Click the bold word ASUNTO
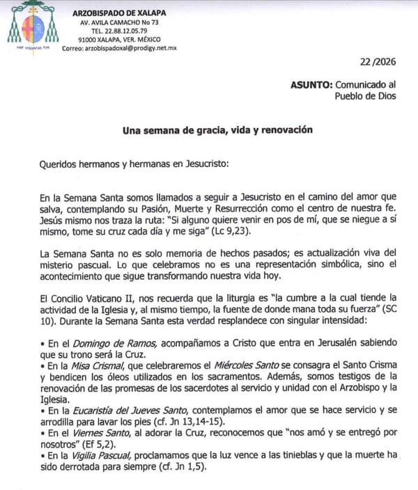tap(313, 84)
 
